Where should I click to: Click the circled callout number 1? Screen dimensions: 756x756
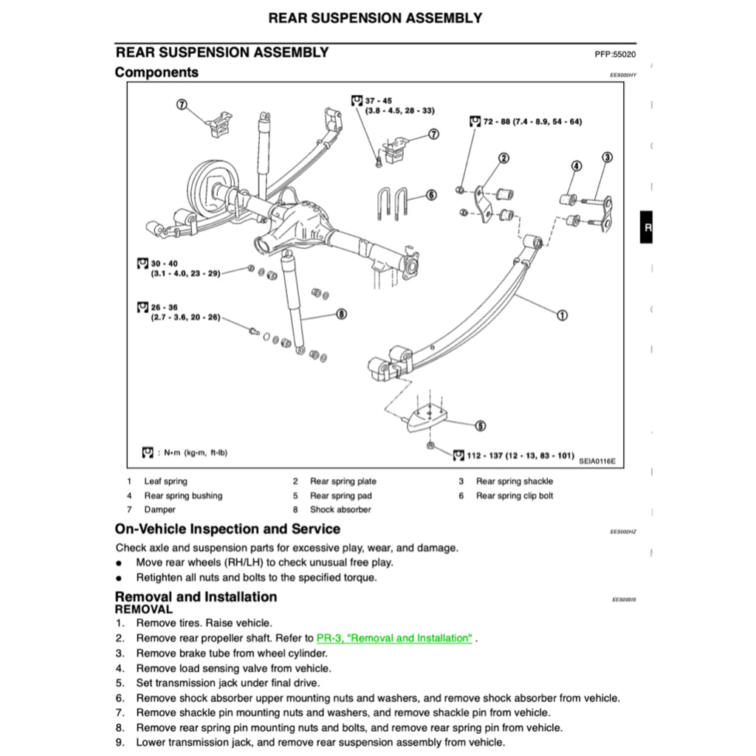tap(562, 315)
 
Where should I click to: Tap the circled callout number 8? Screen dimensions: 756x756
tap(340, 314)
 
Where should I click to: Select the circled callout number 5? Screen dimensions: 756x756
tap(480, 425)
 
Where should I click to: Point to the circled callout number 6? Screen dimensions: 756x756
tap(431, 195)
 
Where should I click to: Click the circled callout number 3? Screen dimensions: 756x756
tap(607, 157)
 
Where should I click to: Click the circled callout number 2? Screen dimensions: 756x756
tap(504, 157)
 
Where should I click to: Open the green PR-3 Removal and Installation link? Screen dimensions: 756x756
tap(394, 638)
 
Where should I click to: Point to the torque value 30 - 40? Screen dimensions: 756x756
tap(165, 264)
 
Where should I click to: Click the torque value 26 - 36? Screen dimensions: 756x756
tap(165, 307)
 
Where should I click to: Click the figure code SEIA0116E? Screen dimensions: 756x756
tap(597, 461)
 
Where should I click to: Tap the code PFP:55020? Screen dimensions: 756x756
tap(615, 55)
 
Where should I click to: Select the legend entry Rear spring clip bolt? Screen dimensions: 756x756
tap(514, 496)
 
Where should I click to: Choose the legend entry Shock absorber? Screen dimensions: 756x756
tap(340, 509)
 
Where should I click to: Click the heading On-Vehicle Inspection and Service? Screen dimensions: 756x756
tap(227, 529)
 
